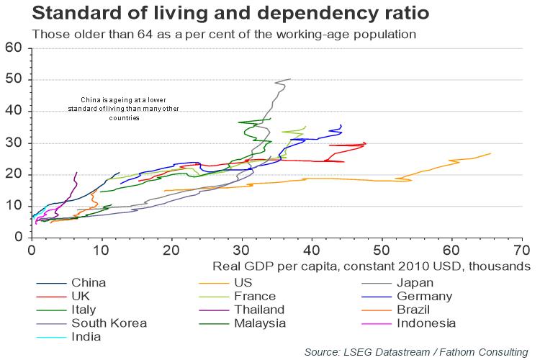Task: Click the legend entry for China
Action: [88, 282]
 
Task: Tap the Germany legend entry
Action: [423, 296]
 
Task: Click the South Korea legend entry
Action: [109, 323]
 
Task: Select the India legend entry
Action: [86, 336]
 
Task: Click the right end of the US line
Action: [490, 153]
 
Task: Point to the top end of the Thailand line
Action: [76, 173]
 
